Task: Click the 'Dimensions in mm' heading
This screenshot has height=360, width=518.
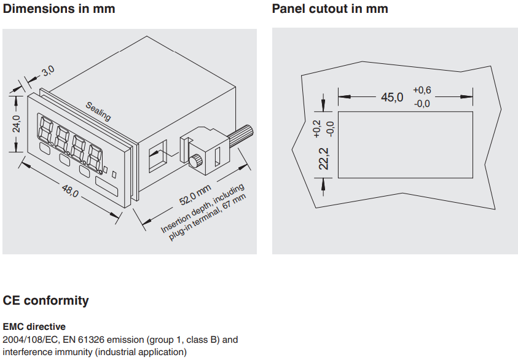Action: (x=59, y=9)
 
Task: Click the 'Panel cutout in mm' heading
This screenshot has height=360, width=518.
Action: (x=330, y=9)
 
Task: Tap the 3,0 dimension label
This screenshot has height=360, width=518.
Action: (x=48, y=71)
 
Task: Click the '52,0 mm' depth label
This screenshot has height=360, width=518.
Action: (x=195, y=196)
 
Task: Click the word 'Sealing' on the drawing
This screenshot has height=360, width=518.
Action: (x=98, y=111)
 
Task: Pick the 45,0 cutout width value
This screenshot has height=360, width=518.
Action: (x=392, y=97)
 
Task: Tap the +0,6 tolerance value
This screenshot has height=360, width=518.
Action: (x=422, y=90)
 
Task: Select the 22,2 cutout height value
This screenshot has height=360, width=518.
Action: (x=324, y=158)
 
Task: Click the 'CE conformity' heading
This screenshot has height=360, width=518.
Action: (x=46, y=300)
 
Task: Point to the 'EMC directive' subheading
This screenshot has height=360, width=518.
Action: (x=34, y=327)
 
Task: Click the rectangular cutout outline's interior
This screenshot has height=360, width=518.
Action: (x=406, y=144)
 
